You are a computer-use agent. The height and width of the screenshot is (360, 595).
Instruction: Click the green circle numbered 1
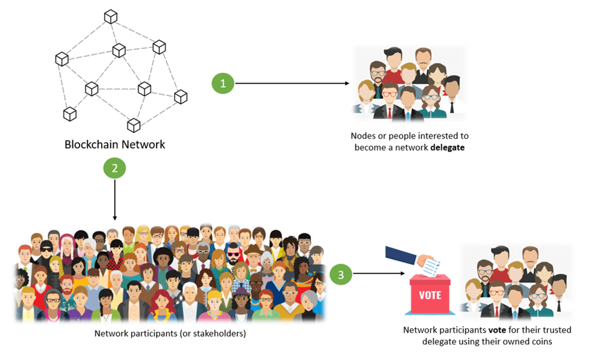(x=223, y=83)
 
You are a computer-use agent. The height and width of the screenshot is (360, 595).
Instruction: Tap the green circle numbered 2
(x=114, y=169)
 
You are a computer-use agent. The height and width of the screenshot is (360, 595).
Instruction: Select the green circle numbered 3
(x=341, y=273)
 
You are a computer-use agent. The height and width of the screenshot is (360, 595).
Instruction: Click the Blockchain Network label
(x=114, y=145)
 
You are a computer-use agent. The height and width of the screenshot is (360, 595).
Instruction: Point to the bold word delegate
(x=447, y=147)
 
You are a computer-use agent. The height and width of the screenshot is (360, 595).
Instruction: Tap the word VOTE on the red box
(x=430, y=295)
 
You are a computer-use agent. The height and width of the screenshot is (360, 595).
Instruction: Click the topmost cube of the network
(x=111, y=17)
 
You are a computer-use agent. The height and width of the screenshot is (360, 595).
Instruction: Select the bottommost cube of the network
(x=134, y=125)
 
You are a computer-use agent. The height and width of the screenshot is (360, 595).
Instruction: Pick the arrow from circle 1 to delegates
(x=291, y=83)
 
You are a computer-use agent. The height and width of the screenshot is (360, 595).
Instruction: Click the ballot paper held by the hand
(x=433, y=265)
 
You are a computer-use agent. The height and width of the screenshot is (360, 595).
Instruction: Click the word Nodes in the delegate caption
(x=363, y=136)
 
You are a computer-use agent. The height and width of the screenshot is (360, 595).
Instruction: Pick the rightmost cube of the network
(x=181, y=97)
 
